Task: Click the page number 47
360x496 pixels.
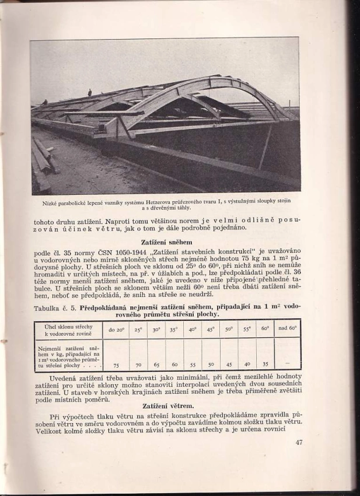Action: coord(299,442)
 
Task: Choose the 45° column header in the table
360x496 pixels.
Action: coord(211,329)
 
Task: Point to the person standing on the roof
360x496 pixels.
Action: coord(89,92)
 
